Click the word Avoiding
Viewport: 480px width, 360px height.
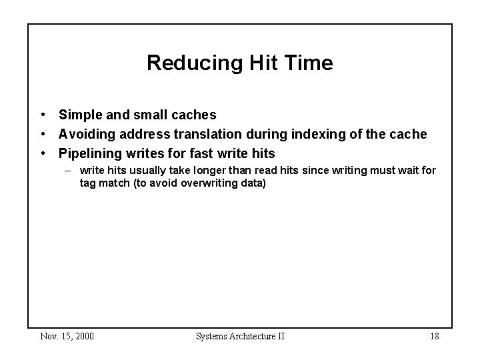tap(86, 135)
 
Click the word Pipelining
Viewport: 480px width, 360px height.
tap(89, 154)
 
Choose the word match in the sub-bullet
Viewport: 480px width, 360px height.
tap(113, 183)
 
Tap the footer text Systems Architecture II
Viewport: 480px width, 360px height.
tap(240, 336)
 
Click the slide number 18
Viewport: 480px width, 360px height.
tap(433, 336)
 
